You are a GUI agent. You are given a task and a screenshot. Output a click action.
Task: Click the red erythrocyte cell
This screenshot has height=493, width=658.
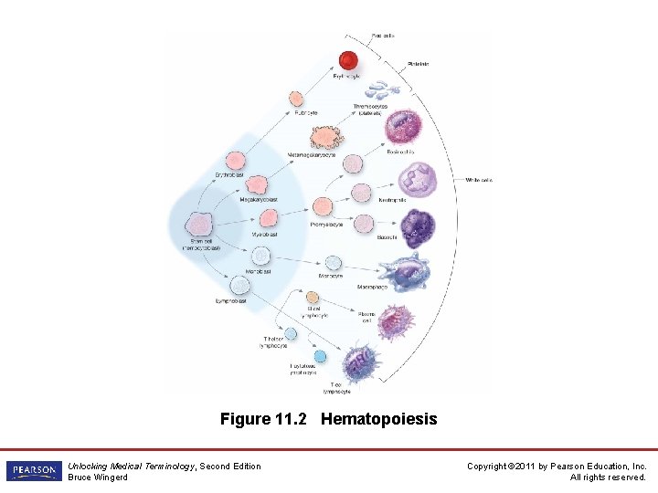coord(348,61)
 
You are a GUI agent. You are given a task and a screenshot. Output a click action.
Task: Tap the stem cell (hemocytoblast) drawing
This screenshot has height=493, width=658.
coord(199,225)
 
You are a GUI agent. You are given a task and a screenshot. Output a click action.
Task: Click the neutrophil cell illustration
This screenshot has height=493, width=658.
coord(417,178)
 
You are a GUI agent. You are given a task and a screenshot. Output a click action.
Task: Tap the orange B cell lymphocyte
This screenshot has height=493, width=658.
coord(313,298)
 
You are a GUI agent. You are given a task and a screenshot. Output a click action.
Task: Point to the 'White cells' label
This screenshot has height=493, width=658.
coord(479,180)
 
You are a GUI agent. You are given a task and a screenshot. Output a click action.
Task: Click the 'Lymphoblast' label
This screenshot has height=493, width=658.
coord(231,300)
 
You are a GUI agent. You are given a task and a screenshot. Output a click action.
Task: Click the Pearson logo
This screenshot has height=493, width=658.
coord(34,471)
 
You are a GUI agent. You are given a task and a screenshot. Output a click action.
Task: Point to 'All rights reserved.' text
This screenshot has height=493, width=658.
coord(608,477)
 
